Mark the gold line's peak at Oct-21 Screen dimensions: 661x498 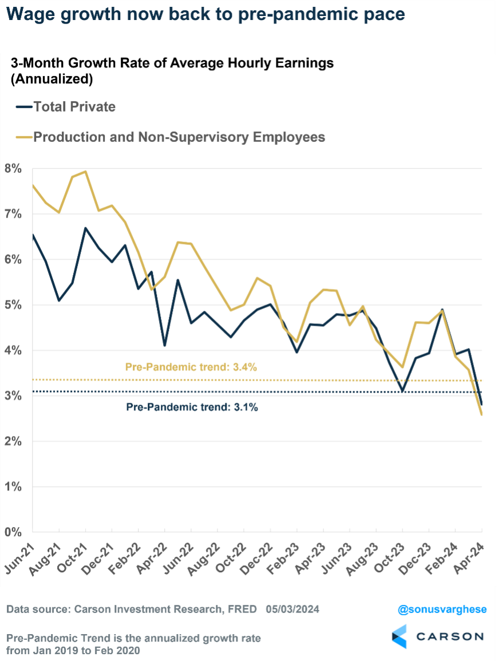tap(85, 171)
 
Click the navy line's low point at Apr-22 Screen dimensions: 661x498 tap(165, 346)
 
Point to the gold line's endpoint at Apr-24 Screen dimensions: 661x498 tap(481, 414)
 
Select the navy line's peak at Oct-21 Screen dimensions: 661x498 tap(85, 228)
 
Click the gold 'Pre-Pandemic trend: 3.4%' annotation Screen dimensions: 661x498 tap(191, 367)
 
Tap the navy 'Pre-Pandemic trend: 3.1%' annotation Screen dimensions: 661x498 tap(192, 408)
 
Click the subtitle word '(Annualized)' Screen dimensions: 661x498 tap(52, 80)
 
